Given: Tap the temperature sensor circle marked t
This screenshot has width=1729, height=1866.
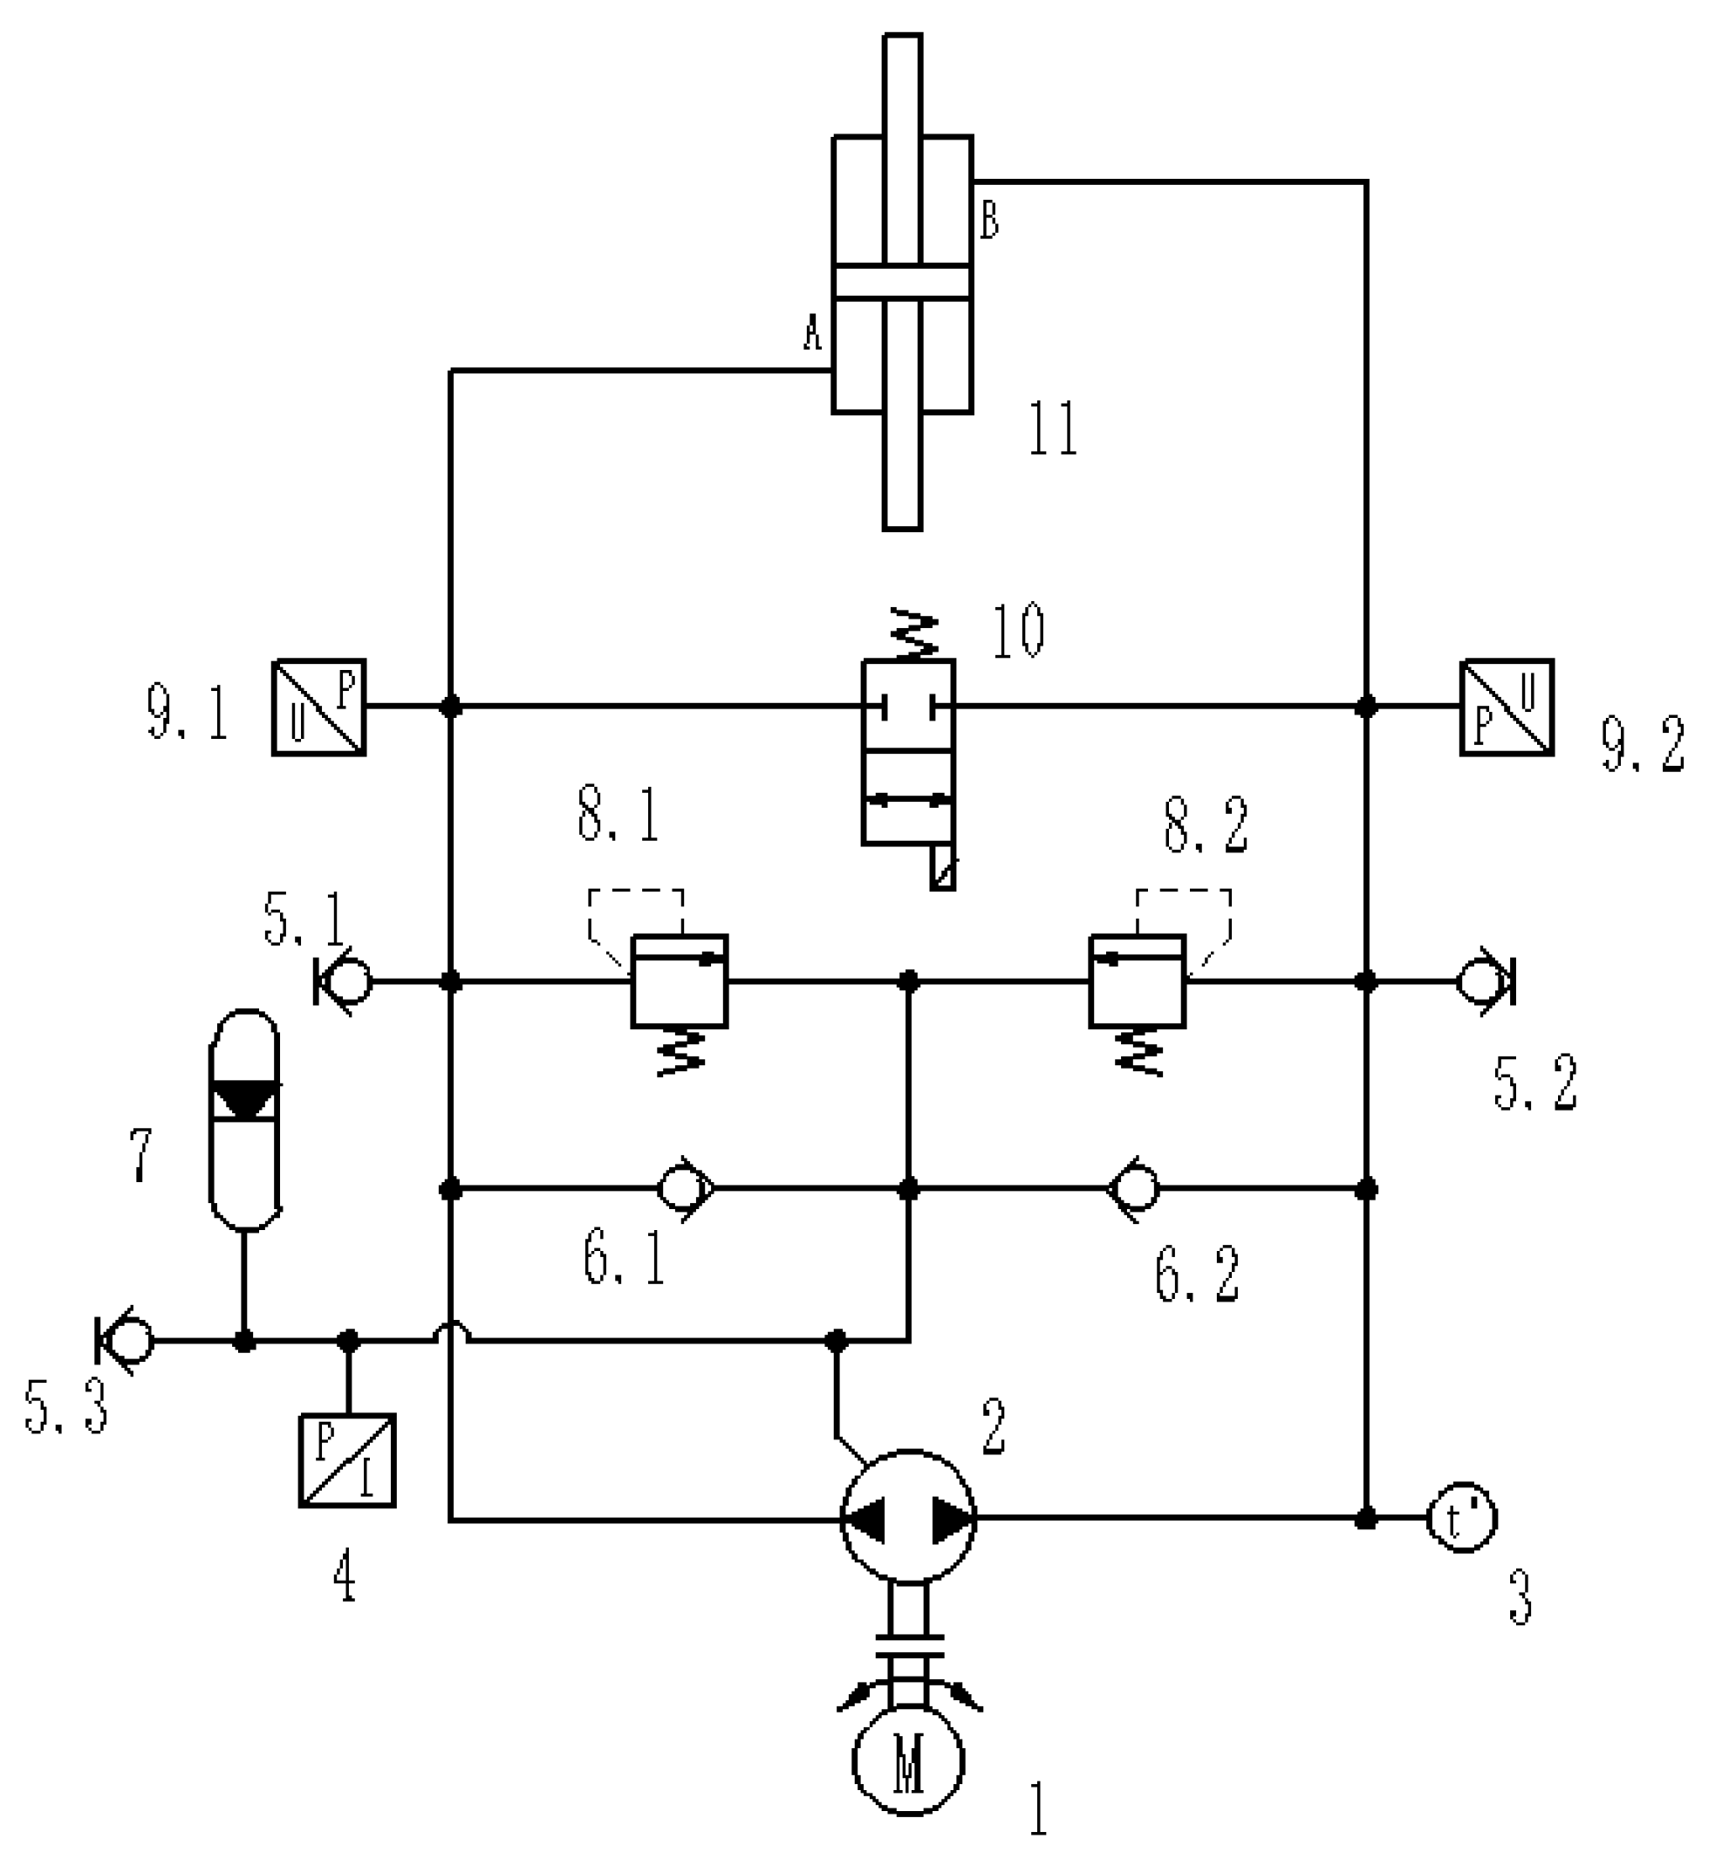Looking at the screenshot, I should pos(1460,1518).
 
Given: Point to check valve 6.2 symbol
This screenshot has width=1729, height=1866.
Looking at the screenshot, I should pos(1134,1189).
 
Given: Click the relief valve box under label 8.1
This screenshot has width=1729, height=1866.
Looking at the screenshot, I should pos(680,981).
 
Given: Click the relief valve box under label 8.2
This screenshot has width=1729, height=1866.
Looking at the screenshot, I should pos(1137,981).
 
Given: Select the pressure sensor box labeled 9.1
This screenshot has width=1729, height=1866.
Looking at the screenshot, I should pos(318,707).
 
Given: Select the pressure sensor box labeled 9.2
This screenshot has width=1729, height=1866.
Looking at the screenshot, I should pos(1507,707).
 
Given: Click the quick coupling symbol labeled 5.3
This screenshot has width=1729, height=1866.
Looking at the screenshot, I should pos(125,1341).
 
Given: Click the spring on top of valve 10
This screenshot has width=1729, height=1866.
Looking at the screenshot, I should pos(912,634).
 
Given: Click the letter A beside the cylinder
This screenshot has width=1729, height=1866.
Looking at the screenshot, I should pos(812,332).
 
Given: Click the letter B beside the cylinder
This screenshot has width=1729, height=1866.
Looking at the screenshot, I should pos(989,222).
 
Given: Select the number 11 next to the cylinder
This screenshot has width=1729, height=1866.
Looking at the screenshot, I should pos(1053,429).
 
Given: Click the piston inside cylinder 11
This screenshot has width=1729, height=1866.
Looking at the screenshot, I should pos(902,283).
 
